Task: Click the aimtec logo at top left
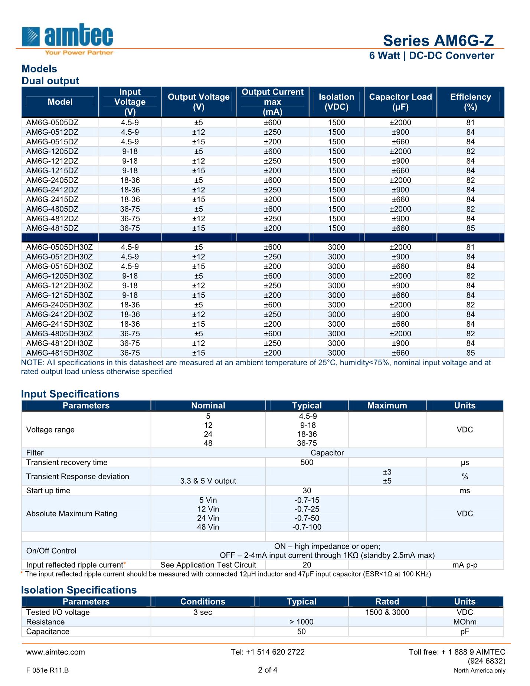(68, 39)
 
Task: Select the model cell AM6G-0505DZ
(52, 122)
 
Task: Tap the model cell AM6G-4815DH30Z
(59, 353)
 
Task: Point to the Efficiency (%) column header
(470, 102)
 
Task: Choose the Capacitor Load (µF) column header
(400, 102)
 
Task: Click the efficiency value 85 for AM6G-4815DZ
(470, 228)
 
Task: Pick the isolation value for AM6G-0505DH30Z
(336, 247)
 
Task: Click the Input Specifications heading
(70, 394)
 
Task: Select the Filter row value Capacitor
(327, 453)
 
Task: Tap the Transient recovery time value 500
(307, 463)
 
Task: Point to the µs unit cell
(465, 463)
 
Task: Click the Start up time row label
(48, 491)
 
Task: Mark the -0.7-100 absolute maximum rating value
(307, 527)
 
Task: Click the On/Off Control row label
(51, 551)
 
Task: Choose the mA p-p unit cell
(465, 565)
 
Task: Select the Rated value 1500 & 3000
(387, 612)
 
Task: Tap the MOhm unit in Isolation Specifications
(465, 622)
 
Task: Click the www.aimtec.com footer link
(55, 652)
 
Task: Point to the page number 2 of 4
(268, 670)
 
